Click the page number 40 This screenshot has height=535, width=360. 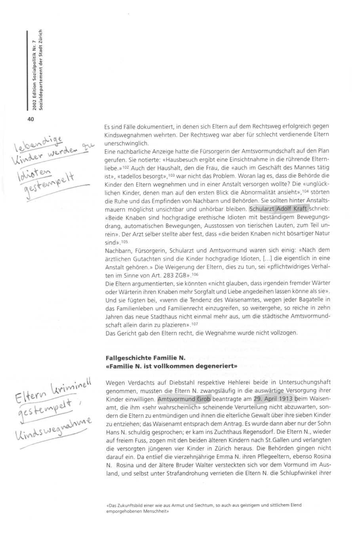pyautogui.click(x=31, y=119)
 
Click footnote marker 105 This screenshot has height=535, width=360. pyautogui.click(x=124, y=241)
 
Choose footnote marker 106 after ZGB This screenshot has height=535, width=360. pyautogui.click(x=194, y=274)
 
